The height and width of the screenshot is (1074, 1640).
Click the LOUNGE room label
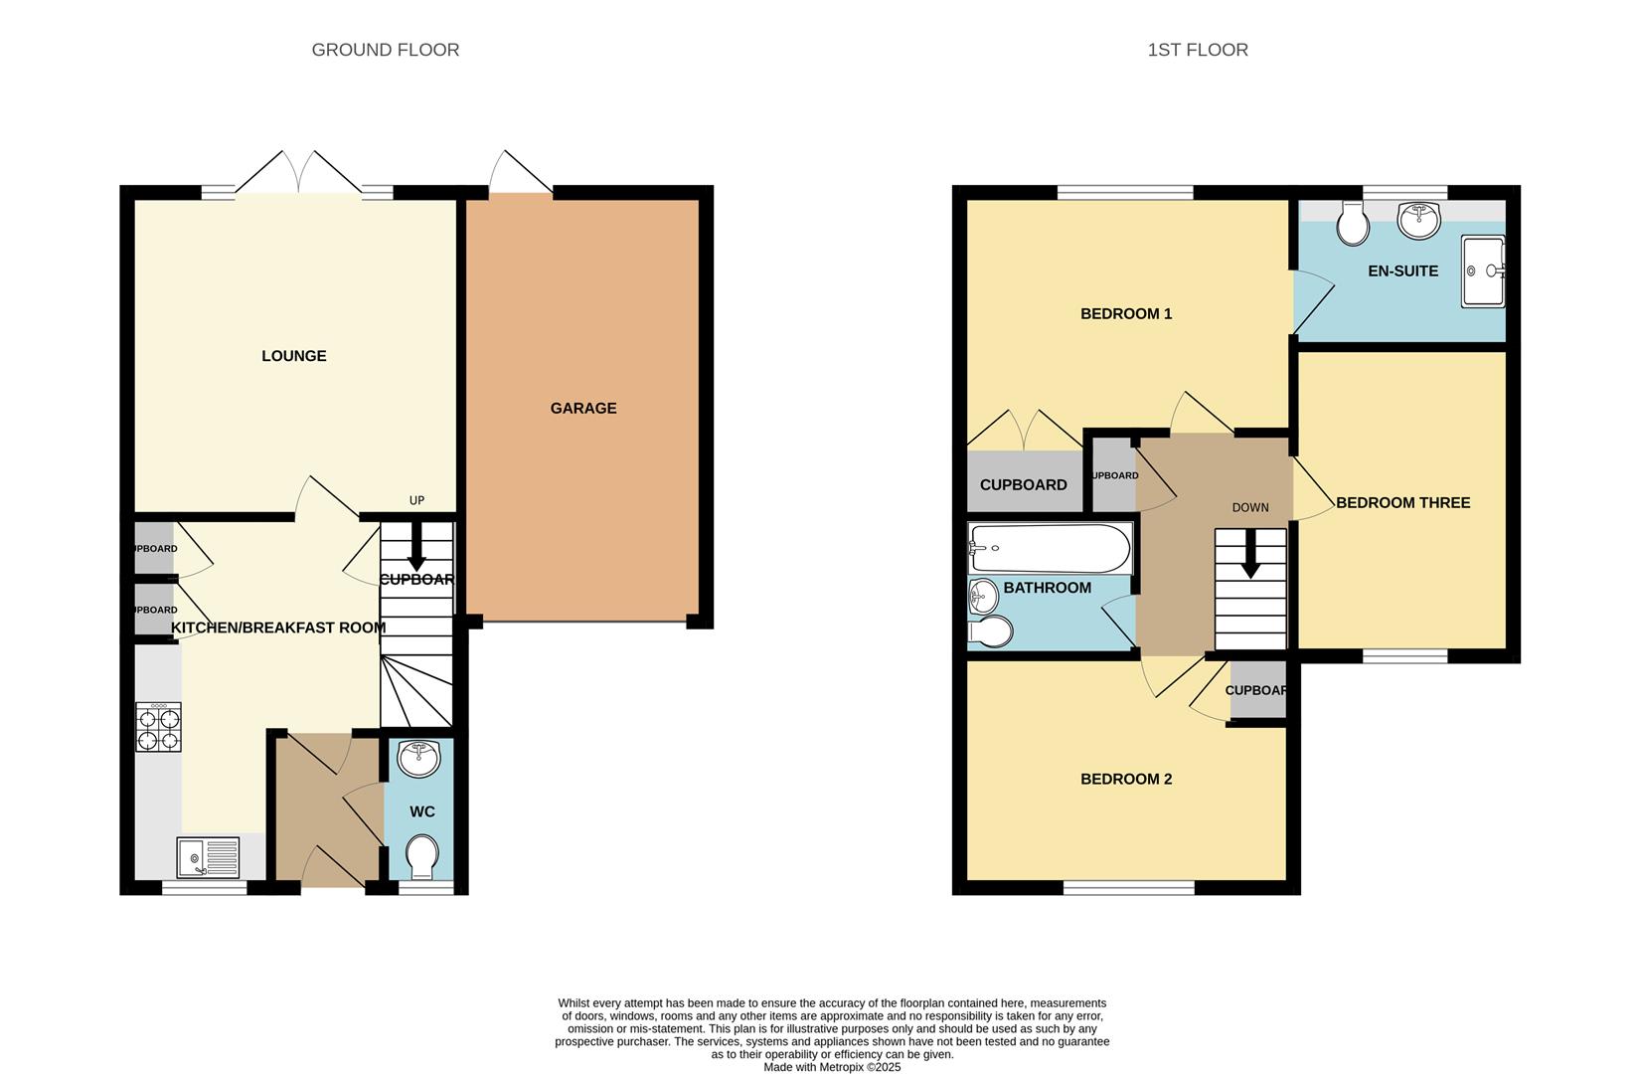click(293, 356)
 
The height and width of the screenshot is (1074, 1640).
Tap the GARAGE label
click(583, 408)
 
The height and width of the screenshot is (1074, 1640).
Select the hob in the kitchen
click(158, 727)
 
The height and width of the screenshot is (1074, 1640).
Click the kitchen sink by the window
click(209, 856)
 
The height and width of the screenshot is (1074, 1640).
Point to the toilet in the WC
click(422, 856)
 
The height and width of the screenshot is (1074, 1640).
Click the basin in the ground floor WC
click(418, 759)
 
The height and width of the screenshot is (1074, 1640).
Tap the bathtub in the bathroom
click(1050, 547)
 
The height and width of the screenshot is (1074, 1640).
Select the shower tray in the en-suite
click(1483, 270)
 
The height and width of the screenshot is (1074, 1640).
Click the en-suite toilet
click(1352, 223)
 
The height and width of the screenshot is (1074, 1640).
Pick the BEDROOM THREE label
click(1402, 503)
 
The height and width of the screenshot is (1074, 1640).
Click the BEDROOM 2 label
click(1126, 779)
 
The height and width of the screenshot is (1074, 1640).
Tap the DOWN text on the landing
click(1250, 507)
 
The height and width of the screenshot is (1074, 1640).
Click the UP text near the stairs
click(416, 500)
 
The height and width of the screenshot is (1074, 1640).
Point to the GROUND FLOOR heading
click(386, 50)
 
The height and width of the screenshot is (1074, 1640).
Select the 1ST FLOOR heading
click(1198, 50)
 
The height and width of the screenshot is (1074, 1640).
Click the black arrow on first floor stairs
click(1250, 555)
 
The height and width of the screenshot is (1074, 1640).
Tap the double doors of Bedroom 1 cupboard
click(1025, 430)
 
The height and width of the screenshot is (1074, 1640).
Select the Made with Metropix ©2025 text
click(832, 1067)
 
